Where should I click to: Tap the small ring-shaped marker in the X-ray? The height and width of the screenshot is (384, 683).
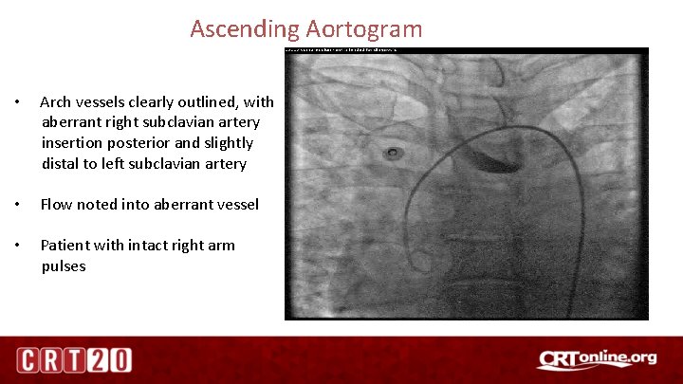click(392, 153)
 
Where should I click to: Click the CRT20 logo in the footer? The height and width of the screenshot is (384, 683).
click(73, 359)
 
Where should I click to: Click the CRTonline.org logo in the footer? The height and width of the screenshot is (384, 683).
click(596, 358)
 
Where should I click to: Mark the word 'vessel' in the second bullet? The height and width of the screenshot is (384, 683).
click(235, 204)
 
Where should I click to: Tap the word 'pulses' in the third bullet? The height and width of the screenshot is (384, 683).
click(64, 265)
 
